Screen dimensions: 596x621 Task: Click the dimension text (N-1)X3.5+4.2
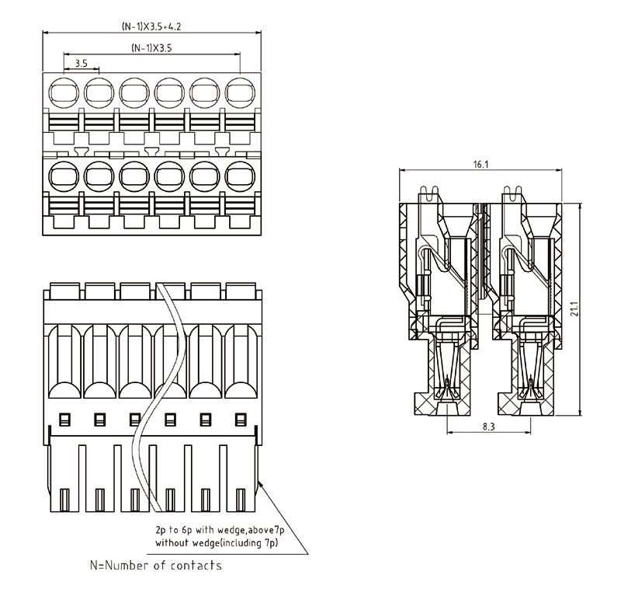(153, 26)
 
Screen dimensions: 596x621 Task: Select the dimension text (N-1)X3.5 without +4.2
(152, 48)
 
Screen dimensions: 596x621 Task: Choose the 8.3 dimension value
(488, 426)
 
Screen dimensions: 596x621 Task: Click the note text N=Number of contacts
(156, 565)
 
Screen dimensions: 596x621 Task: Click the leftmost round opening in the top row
(64, 94)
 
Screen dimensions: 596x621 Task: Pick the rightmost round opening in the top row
(241, 94)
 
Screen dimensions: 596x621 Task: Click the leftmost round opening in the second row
(64, 176)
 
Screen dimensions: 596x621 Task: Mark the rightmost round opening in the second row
(241, 176)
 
